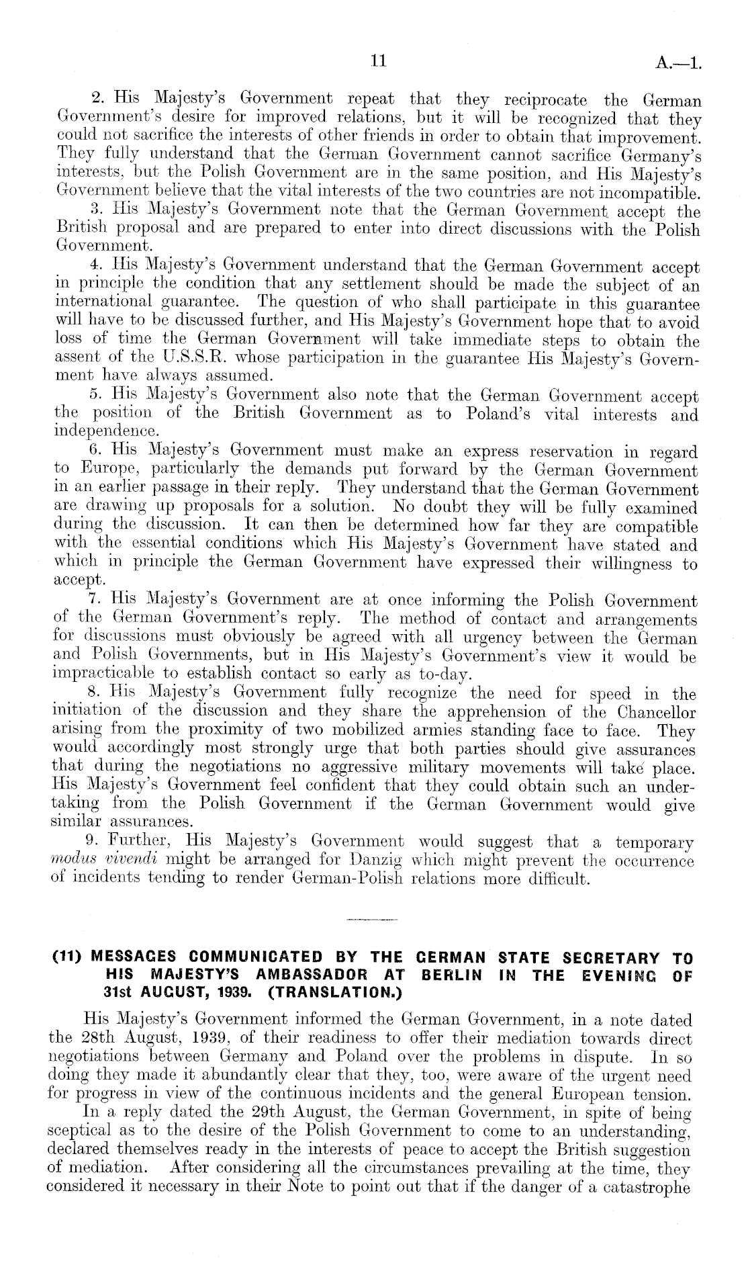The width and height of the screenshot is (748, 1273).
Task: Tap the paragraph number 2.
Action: pyautogui.click(x=96, y=100)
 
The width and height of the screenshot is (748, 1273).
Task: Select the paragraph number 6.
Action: pyautogui.click(x=95, y=451)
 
